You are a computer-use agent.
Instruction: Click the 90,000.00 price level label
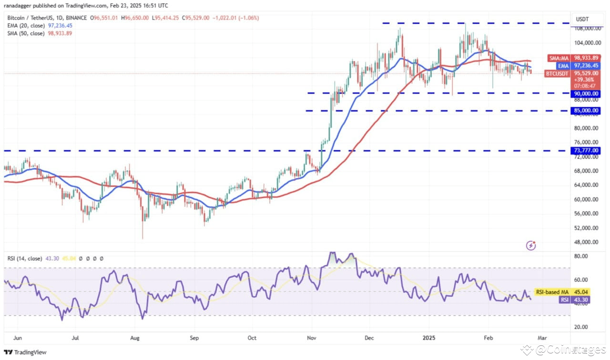pyautogui.click(x=585, y=93)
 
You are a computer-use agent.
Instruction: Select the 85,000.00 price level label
pyautogui.click(x=585, y=111)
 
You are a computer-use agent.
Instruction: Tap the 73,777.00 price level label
pyautogui.click(x=585, y=151)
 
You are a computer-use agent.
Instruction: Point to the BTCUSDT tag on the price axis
pyautogui.click(x=557, y=73)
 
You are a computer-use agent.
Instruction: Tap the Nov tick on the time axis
pyautogui.click(x=312, y=338)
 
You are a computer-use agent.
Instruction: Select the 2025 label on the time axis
pyautogui.click(x=428, y=338)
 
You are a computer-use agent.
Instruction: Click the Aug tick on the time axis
pyautogui.click(x=134, y=338)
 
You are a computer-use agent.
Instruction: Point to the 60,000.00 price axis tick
pyautogui.click(x=585, y=199)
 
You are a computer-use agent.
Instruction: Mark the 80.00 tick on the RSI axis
pyautogui.click(x=581, y=256)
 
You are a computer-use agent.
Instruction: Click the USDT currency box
pyautogui.click(x=583, y=19)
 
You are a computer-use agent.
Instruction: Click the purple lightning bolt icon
pyautogui.click(x=531, y=246)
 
